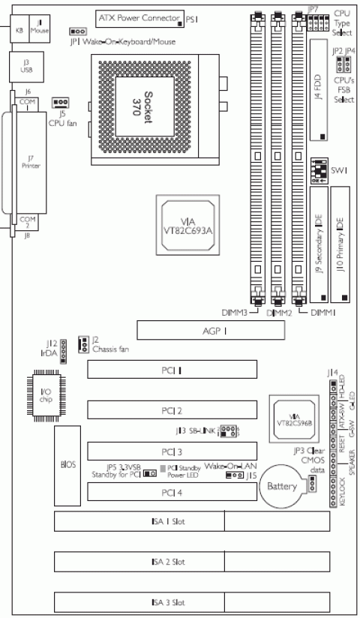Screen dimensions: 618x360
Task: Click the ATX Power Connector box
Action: coord(139,16)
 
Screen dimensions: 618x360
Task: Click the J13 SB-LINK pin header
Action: coord(230,431)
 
